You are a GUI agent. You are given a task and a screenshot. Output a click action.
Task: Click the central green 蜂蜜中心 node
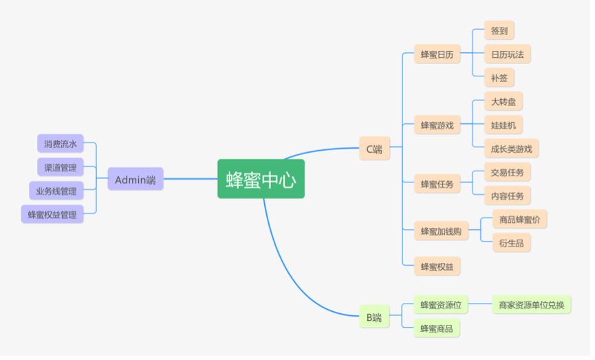(x=261, y=180)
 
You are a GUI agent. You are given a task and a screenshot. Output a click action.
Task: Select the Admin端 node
(x=135, y=180)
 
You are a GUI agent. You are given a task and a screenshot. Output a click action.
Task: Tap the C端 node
(x=374, y=149)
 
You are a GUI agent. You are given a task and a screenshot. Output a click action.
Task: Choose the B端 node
(x=374, y=317)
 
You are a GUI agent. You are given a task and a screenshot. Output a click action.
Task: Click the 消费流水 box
(x=60, y=144)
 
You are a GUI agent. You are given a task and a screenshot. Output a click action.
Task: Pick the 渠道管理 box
(x=60, y=167)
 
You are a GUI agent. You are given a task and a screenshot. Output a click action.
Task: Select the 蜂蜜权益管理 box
(x=52, y=215)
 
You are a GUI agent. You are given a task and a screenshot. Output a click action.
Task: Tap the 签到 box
(x=499, y=30)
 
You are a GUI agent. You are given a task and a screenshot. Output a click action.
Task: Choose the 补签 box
(x=499, y=78)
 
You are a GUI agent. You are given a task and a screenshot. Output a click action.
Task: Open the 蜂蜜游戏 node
(x=437, y=125)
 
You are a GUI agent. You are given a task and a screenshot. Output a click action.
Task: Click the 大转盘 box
(x=503, y=102)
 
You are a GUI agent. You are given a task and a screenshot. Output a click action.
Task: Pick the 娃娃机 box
(x=503, y=125)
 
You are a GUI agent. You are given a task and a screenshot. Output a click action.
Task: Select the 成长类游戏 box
(x=511, y=149)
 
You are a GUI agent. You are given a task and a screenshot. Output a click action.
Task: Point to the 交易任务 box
(x=507, y=172)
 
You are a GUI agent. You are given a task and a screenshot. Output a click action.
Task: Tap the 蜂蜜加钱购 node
(x=441, y=231)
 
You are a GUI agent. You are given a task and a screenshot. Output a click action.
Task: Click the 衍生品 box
(x=511, y=242)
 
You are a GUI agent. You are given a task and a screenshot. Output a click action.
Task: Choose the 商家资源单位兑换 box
(x=531, y=305)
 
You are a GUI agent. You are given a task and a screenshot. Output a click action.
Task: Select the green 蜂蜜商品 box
(x=437, y=328)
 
